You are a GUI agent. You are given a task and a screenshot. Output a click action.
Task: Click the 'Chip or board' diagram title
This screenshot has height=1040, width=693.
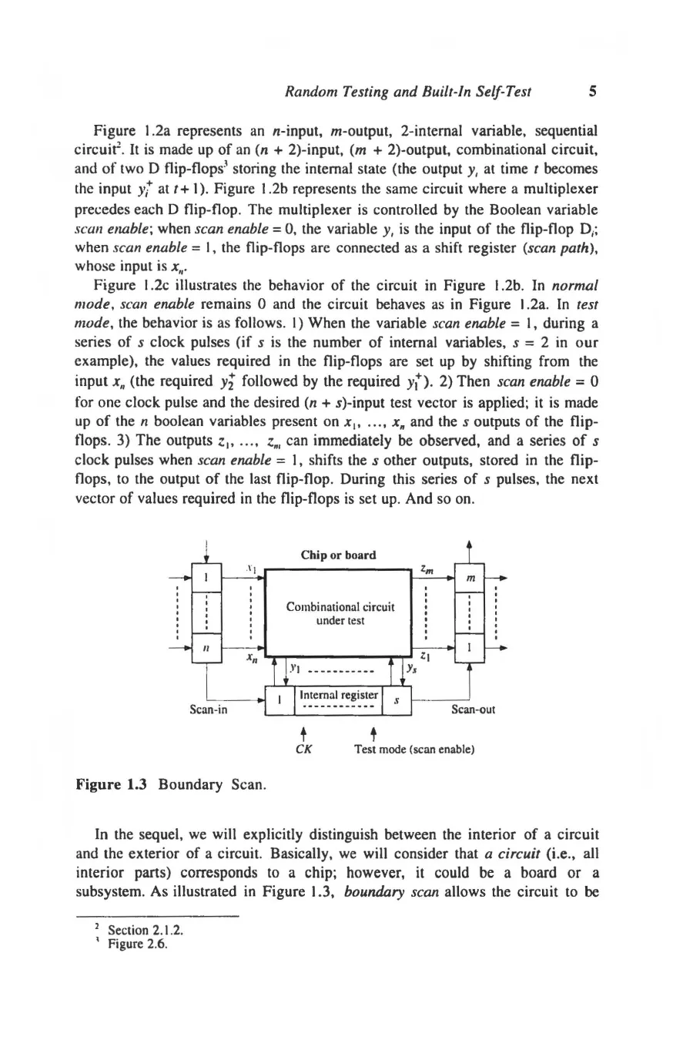339,555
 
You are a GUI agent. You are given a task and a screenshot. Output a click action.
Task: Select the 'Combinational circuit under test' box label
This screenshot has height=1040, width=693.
340,613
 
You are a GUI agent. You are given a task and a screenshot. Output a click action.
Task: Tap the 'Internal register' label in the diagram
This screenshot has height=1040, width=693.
338,695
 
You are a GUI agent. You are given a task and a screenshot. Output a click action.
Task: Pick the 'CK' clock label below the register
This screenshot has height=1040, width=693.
303,748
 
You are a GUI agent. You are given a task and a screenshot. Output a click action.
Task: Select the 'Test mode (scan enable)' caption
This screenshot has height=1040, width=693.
413,748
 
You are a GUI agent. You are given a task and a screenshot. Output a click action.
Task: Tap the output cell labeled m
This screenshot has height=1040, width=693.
470,577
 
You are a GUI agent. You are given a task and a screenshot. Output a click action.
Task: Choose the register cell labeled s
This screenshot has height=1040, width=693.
397,700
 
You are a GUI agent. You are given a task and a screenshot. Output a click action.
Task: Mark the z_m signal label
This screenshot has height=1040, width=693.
427,568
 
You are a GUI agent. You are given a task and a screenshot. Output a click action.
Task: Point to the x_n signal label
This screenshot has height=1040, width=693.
251,659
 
